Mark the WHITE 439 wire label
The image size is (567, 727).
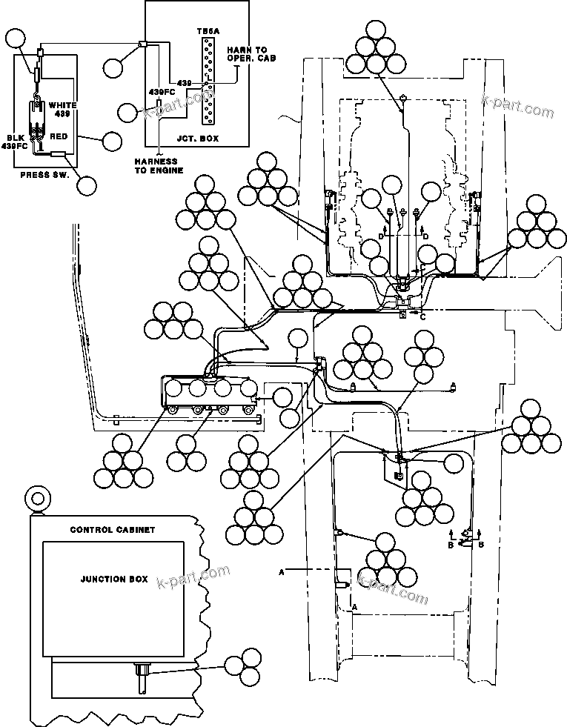coord(62,110)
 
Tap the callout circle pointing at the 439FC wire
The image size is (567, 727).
coord(127,113)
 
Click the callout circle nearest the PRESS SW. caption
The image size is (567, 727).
coord(87,185)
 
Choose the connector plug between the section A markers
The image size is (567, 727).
coord(343,585)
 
